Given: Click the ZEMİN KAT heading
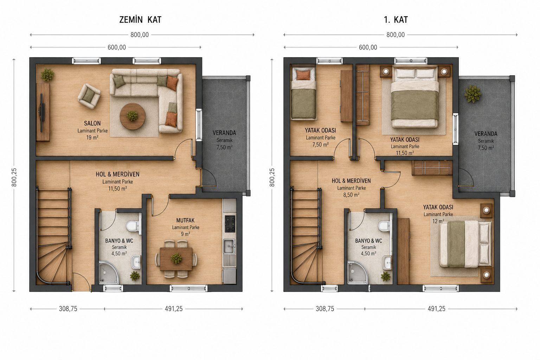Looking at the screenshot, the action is (x=140, y=20).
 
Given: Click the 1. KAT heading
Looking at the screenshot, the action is (x=396, y=20).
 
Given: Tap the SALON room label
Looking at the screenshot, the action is (x=92, y=123).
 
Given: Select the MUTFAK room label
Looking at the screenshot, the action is (x=185, y=220).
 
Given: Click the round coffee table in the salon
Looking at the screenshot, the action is (x=132, y=116).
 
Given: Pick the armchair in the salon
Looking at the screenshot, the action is (x=89, y=96).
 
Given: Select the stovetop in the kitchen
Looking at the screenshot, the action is (x=230, y=224).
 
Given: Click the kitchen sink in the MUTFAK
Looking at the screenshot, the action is (x=229, y=246).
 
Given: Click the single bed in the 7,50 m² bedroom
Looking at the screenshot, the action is (x=303, y=93).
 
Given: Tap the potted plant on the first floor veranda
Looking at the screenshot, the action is (x=473, y=94).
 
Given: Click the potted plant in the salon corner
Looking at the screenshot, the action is (x=47, y=75).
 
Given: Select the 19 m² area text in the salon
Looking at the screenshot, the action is (x=92, y=138).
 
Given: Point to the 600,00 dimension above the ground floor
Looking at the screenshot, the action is (x=117, y=47).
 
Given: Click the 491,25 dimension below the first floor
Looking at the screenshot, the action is (x=436, y=309).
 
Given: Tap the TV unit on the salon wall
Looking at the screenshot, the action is (x=43, y=112).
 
